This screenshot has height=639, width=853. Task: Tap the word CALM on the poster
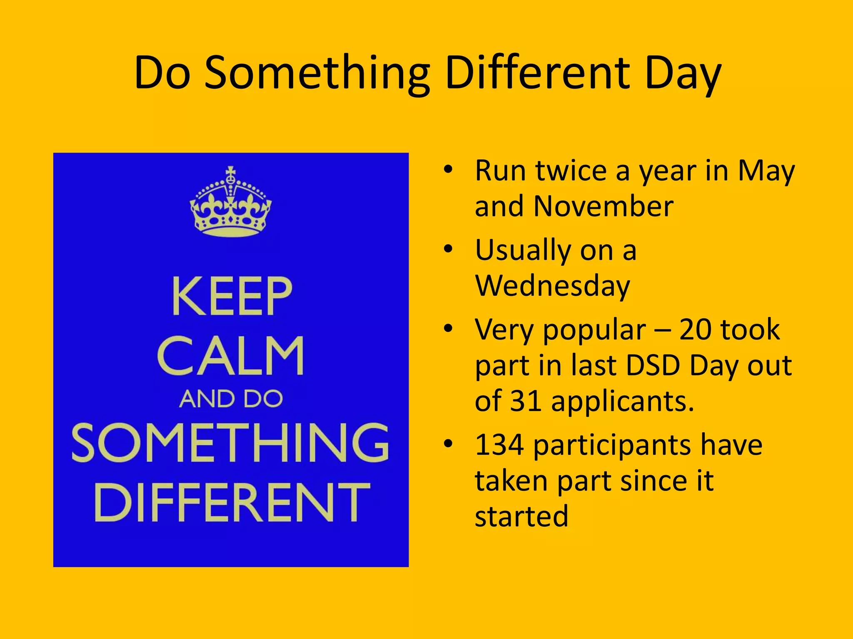pos(231,356)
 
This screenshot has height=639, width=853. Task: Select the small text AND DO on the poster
pos(231,399)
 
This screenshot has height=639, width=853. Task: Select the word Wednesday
pos(552,286)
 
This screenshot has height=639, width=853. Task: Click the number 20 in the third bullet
pos(698,329)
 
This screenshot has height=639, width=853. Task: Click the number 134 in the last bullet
pos(499,445)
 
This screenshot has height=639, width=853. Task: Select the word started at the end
pos(521,516)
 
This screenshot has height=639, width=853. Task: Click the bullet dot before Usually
pos(448,249)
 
